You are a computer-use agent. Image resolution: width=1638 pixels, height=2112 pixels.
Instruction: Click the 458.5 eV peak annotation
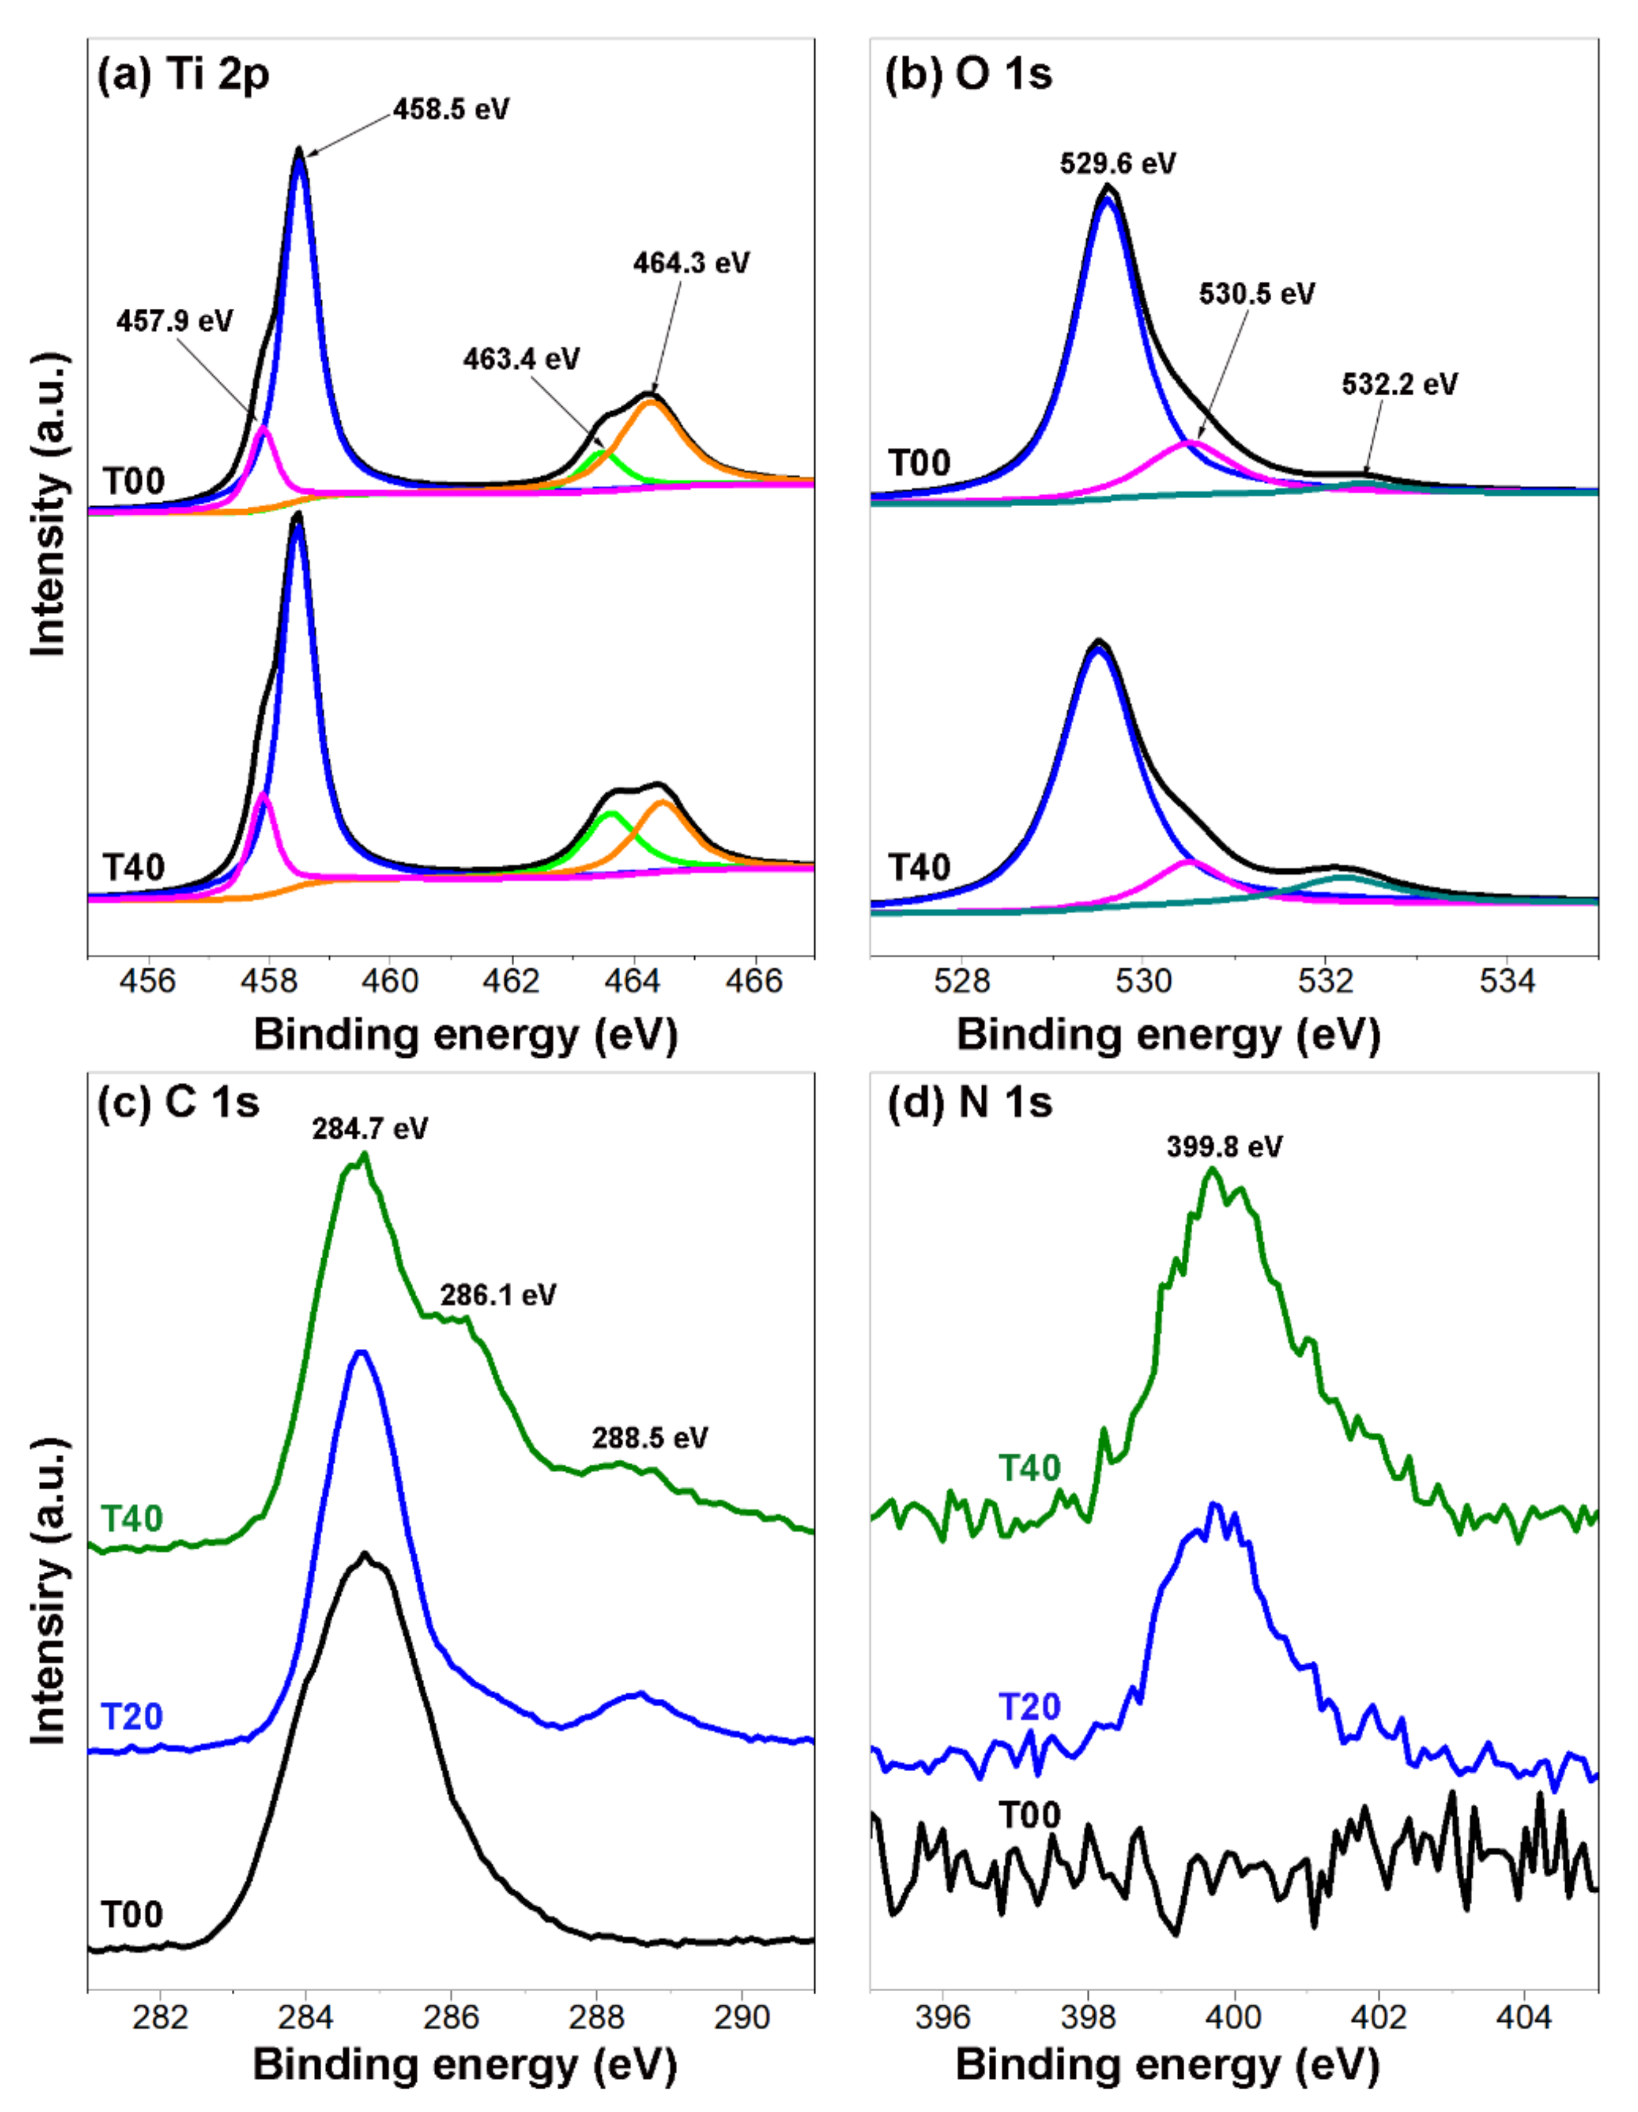coord(451,108)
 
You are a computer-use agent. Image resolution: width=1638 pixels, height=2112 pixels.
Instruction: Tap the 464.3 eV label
coord(691,263)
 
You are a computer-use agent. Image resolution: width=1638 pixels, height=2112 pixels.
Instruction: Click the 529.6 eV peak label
coord(1118,163)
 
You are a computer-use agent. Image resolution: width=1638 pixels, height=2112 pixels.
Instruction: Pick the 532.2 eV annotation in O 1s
coord(1399,384)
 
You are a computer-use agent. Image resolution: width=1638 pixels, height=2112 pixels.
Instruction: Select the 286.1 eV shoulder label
coord(498,1295)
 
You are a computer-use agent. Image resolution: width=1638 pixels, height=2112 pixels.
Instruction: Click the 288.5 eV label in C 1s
coord(650,1438)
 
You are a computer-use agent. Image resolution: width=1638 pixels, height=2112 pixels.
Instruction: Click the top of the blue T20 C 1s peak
coord(362,1353)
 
